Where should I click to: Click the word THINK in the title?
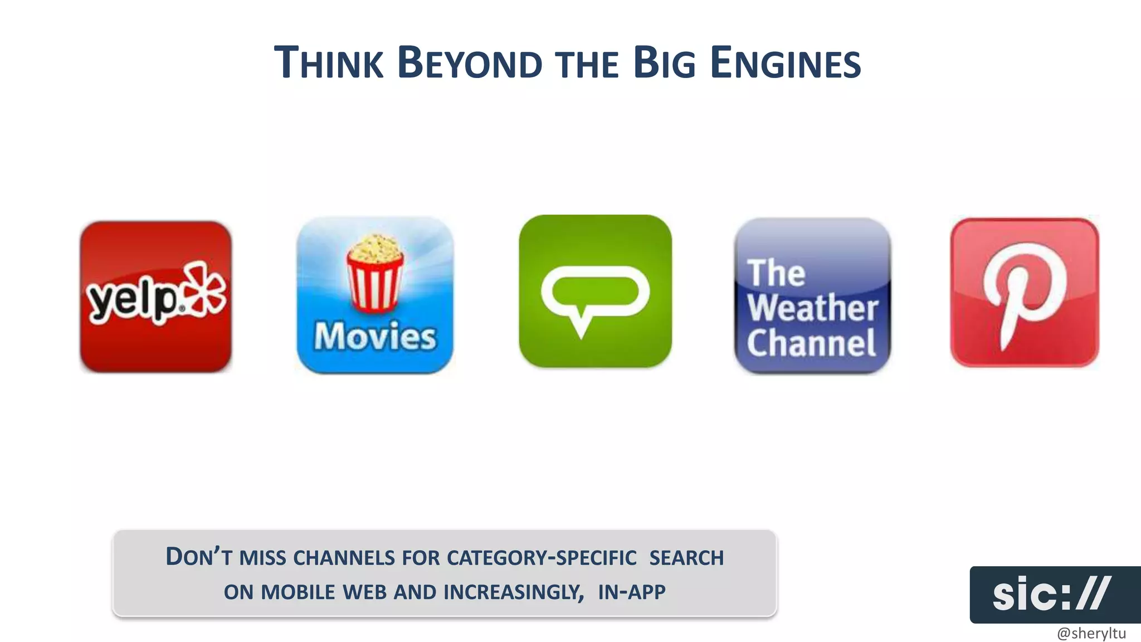329,62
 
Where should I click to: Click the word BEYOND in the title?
470,62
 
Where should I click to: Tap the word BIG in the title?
665,62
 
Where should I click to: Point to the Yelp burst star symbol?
205,288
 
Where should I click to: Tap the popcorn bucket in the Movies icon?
375,273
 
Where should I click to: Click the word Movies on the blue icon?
375,337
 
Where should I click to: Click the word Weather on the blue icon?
812,308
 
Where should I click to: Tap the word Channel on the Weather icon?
811,343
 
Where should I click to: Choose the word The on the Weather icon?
776,273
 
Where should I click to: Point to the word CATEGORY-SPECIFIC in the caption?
541,558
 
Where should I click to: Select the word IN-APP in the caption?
631,592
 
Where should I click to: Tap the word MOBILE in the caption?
298,592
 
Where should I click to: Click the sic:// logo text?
1051,594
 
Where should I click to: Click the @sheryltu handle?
1091,633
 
